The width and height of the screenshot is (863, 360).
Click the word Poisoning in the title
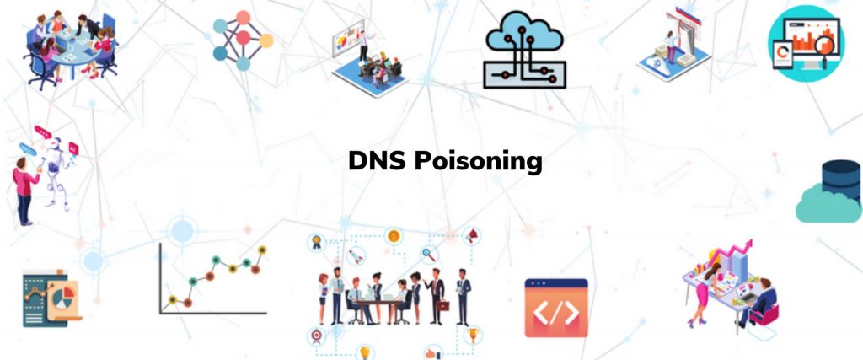tap(477, 162)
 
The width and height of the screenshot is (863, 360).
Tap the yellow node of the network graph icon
tap(265, 40)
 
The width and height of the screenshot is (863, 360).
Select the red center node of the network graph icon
tap(244, 38)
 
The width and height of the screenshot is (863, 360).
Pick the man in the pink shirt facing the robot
tap(24, 187)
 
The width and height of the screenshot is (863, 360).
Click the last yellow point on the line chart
tap(262, 250)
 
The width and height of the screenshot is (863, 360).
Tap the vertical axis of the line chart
tap(160, 278)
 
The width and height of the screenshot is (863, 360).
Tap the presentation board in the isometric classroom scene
tap(349, 43)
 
